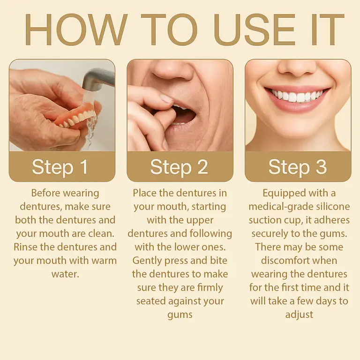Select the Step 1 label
tap(60, 167)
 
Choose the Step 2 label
tap(179, 167)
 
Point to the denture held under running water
tap(75, 118)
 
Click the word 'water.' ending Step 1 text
tap(65, 274)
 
